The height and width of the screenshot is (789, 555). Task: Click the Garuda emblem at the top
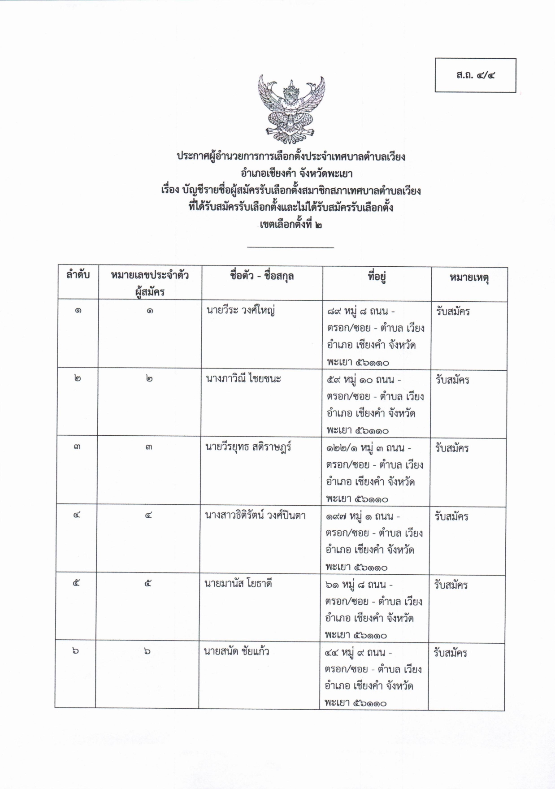click(x=291, y=109)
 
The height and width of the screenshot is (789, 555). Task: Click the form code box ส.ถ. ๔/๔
click(x=475, y=75)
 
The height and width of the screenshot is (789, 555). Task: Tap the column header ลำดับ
click(x=78, y=275)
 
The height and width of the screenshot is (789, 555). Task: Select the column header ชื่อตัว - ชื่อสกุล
click(x=262, y=276)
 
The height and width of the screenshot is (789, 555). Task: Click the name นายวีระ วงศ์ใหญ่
click(x=240, y=310)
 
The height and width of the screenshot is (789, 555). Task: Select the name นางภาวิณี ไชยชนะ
click(x=243, y=379)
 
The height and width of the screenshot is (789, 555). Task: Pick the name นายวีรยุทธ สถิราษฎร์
click(x=248, y=447)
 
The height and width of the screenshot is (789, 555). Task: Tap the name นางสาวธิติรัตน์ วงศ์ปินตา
click(x=255, y=516)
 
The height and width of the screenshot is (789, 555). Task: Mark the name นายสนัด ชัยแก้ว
click(x=237, y=651)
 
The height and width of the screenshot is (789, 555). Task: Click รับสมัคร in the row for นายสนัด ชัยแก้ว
click(x=450, y=653)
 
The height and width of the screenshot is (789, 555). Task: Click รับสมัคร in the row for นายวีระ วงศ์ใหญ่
click(x=452, y=312)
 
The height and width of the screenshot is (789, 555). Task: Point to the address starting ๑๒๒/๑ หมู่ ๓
click(x=374, y=473)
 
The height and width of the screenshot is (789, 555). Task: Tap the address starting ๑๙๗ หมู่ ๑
click(x=374, y=541)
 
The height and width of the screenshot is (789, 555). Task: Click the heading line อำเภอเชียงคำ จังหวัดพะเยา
click(x=291, y=173)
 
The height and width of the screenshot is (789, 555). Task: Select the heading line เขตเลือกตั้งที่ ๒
click(x=291, y=224)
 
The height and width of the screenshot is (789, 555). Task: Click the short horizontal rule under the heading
click(x=291, y=247)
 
